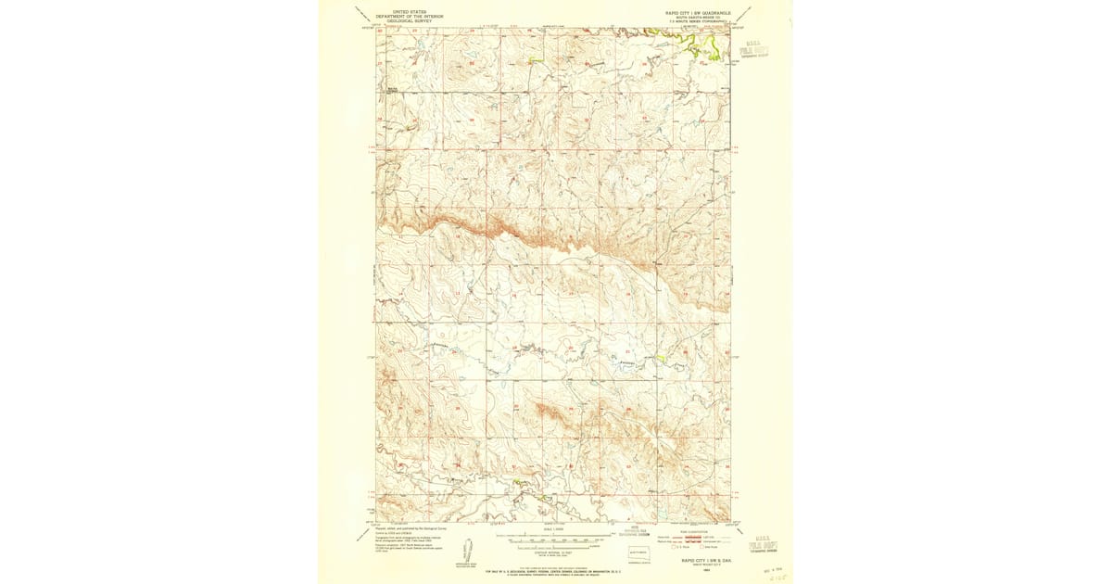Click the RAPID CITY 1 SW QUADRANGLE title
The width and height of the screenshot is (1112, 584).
click(x=697, y=12)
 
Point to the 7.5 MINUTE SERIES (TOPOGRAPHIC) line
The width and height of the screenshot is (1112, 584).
click(x=697, y=21)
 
